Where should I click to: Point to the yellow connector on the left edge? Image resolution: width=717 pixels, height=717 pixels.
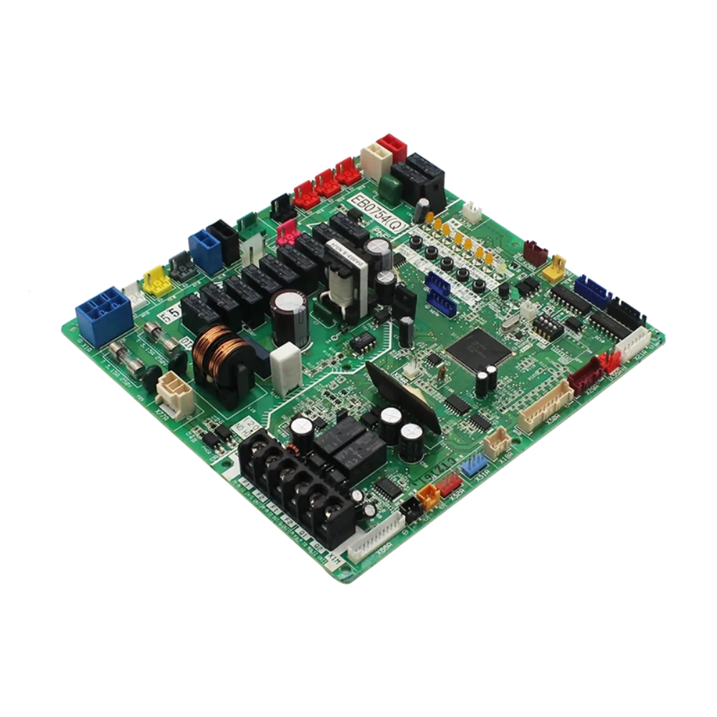click(x=157, y=281)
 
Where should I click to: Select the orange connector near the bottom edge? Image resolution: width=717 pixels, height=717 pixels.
click(x=428, y=494)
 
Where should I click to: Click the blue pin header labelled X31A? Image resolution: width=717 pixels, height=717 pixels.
click(x=473, y=466)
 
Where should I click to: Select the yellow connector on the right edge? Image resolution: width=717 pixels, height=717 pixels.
click(x=554, y=267)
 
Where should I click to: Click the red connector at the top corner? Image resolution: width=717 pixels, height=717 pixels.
click(x=392, y=147)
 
